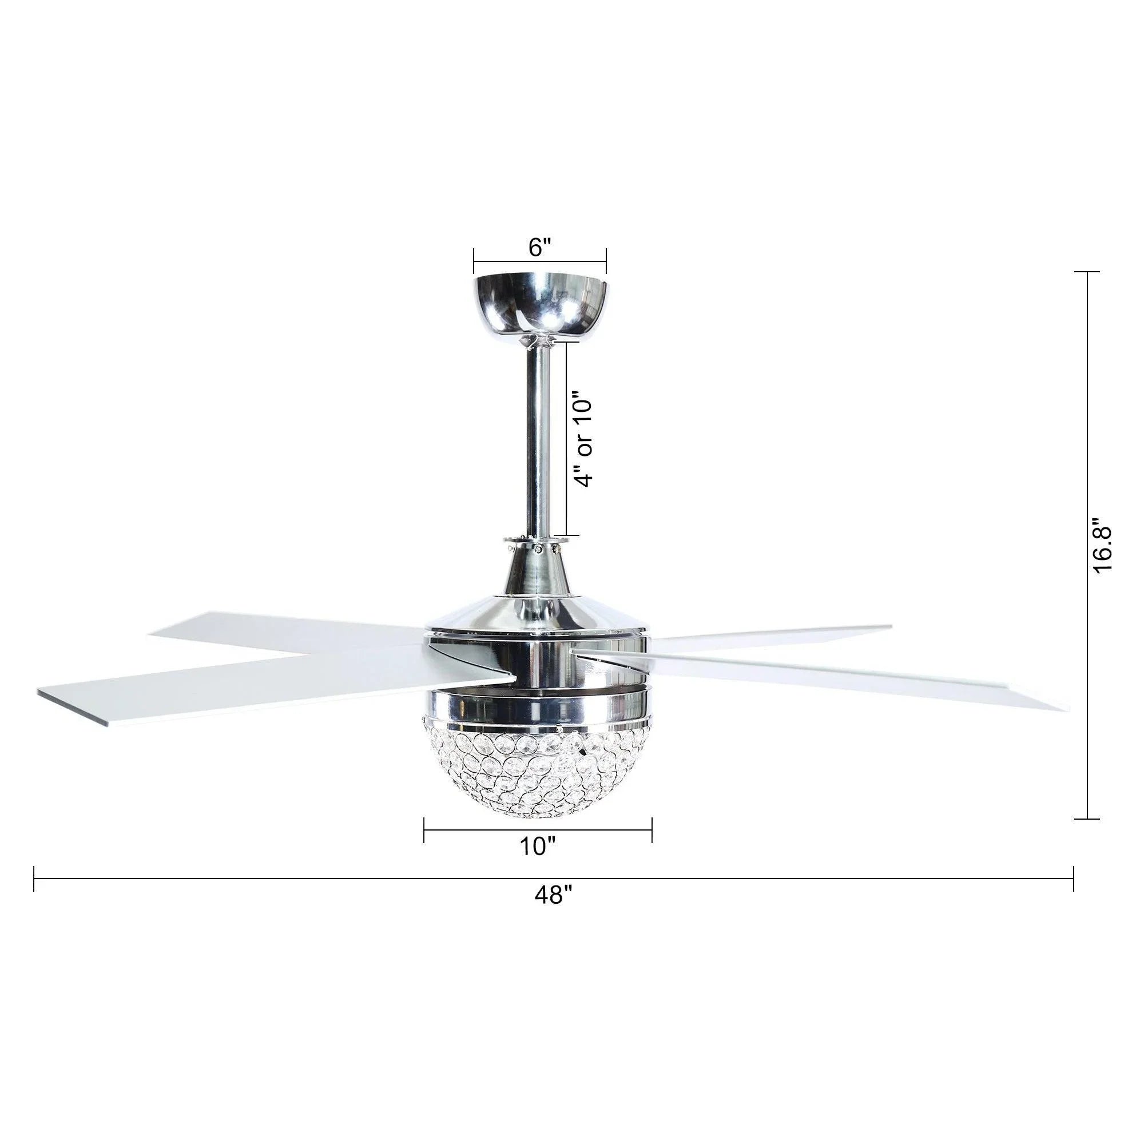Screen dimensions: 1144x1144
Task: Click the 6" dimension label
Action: (x=539, y=248)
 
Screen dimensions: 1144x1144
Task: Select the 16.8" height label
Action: (x=1103, y=546)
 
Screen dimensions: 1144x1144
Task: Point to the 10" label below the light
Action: (x=537, y=847)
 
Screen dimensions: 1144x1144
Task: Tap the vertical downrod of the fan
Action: (x=538, y=439)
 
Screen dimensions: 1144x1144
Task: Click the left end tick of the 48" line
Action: (x=34, y=879)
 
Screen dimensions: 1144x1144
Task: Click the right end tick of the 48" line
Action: (x=1074, y=879)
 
